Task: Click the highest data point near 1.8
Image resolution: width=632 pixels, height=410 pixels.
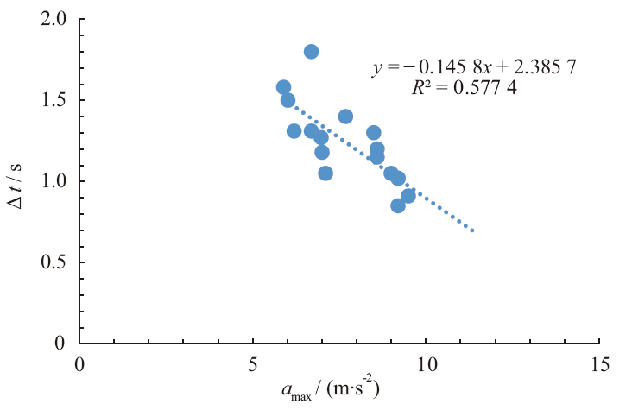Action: pos(311,52)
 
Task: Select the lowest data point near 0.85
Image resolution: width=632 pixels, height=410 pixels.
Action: pos(398,205)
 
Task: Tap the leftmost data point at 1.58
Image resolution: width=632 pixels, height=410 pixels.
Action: pos(283,87)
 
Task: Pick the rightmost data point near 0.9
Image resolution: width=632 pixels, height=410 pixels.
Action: pos(408,196)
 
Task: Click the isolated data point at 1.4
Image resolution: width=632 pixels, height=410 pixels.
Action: pos(345,117)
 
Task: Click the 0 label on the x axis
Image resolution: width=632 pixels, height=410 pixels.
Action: pos(79,364)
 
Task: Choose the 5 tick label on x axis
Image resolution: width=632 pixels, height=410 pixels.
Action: pos(253,364)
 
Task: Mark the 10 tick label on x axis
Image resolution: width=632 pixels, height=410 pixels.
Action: pos(427,364)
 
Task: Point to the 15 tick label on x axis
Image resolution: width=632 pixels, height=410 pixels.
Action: pos(599,364)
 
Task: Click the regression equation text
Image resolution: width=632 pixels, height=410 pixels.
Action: pos(448,69)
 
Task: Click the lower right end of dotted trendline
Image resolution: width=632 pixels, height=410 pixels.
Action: pos(473,230)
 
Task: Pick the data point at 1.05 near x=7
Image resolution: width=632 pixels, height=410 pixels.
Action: pos(325,173)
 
